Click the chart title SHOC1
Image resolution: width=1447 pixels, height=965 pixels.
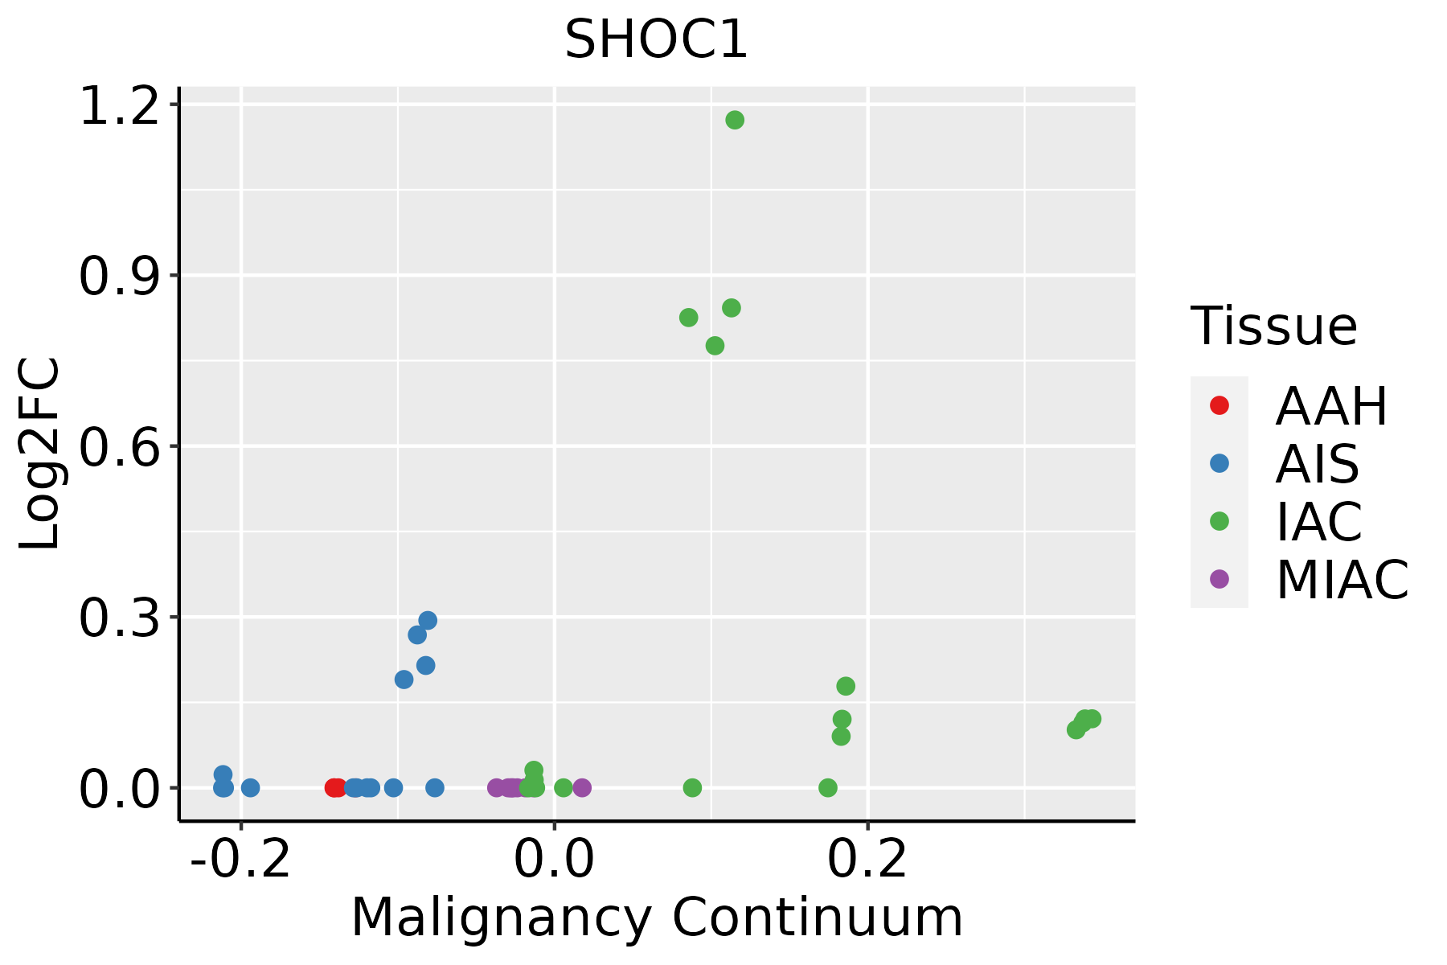click(656, 40)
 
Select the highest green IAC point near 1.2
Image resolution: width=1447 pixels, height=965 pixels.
click(735, 121)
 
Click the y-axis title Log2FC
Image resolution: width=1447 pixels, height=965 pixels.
click(40, 454)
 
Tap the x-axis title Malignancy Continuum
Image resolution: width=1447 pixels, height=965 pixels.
click(656, 918)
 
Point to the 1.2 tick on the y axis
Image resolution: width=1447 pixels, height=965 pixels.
click(118, 106)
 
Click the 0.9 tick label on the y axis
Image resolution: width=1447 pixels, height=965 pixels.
click(118, 277)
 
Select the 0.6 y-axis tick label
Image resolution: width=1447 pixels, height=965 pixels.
click(118, 447)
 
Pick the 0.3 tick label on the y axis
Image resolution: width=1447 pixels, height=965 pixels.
click(118, 618)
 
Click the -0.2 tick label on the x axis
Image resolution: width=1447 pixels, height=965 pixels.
click(240, 860)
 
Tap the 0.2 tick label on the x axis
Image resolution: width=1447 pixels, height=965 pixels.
click(867, 860)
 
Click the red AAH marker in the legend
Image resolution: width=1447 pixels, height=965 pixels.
click(1219, 405)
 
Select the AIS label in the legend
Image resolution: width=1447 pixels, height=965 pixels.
click(1317, 464)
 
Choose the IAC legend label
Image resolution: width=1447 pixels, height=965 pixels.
click(1318, 521)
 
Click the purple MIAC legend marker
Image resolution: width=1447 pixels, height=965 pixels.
click(1219, 579)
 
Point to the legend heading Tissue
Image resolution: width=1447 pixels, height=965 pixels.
click(1273, 326)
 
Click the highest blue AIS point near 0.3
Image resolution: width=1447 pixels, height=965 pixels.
click(428, 621)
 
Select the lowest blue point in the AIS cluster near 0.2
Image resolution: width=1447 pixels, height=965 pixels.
click(404, 680)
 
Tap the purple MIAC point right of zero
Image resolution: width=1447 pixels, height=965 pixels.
click(582, 787)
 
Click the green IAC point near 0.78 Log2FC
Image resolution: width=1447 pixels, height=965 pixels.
click(715, 346)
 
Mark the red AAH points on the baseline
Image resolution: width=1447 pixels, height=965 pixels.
click(335, 787)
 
